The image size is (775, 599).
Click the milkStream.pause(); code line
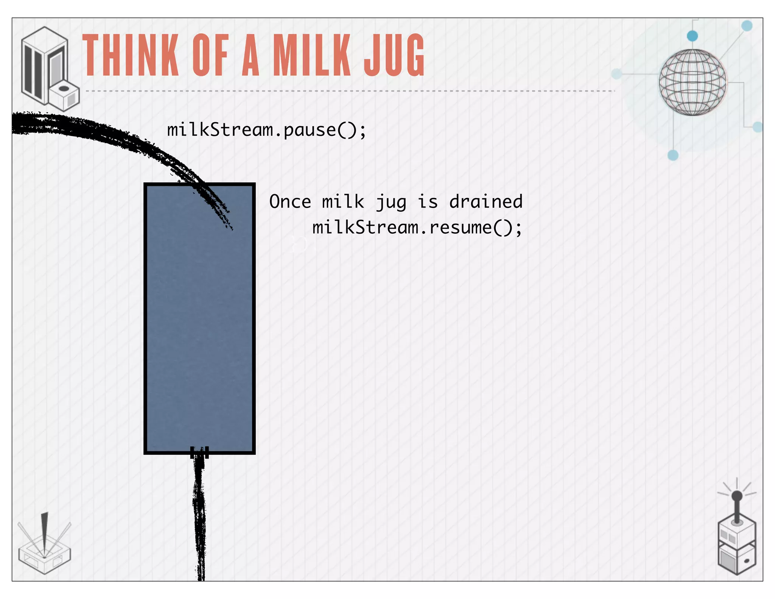pyautogui.click(x=267, y=130)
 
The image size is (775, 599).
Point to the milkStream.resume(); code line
pyautogui.click(x=417, y=227)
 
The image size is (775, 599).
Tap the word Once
pyautogui.click(x=290, y=201)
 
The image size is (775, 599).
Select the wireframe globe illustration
pyautogui.click(x=692, y=82)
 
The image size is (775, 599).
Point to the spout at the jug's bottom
pyautogui.click(x=199, y=452)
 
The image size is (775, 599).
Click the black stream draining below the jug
pyautogui.click(x=200, y=523)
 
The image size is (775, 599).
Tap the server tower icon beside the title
pyautogui.click(x=49, y=68)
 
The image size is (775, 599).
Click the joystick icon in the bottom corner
pyautogui.click(x=736, y=538)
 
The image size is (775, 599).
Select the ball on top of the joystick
pyautogui.click(x=737, y=496)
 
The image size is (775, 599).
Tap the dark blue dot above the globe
pyautogui.click(x=692, y=36)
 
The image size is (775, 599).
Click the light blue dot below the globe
pyautogui.click(x=673, y=155)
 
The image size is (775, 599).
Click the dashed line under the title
pyautogui.click(x=350, y=91)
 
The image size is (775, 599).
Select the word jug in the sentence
pyautogui.click(x=391, y=202)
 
